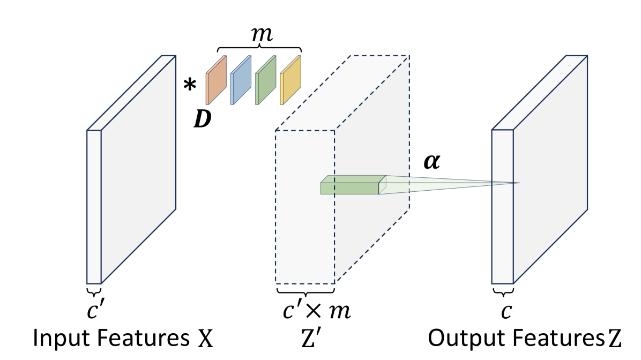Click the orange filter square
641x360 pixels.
point(216,80)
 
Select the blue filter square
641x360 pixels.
point(241,80)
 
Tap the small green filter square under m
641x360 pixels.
point(266,80)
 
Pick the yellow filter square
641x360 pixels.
point(290,80)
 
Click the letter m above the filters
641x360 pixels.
point(262,34)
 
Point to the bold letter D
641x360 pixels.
point(203,119)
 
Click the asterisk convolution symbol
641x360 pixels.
point(190,85)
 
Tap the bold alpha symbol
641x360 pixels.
point(431,161)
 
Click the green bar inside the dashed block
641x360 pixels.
point(353,185)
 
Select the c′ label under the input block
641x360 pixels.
point(94,310)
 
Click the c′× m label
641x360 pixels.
point(317,311)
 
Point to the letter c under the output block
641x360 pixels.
point(506,311)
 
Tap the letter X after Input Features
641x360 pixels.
point(205,339)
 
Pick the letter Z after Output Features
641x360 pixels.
point(614,339)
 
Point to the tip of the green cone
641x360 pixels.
point(520,183)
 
